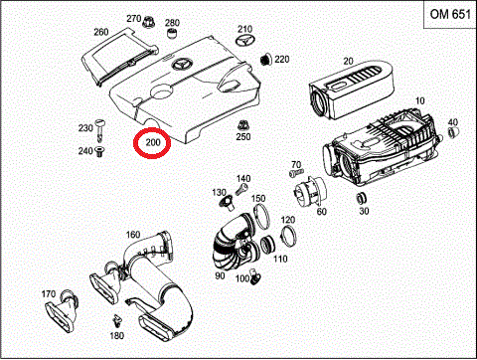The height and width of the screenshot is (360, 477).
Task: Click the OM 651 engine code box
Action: pos(450,15)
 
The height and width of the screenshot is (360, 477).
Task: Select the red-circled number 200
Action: pos(152,143)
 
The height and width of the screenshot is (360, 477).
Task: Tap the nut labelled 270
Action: pos(147,22)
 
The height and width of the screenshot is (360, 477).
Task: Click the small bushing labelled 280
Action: pos(172,33)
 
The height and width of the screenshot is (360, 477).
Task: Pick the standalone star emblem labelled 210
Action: pos(245,41)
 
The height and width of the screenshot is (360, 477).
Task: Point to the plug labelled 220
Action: pos(265,60)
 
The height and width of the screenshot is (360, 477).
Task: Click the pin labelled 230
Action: pos(99,129)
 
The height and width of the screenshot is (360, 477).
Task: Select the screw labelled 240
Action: pos(99,152)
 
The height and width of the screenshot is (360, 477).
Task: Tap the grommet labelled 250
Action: pos(242,125)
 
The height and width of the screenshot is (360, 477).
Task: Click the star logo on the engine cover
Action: pos(182,65)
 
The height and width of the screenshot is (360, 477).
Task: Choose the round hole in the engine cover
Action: pos(161,91)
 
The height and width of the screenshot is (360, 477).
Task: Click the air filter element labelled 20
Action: pos(352,89)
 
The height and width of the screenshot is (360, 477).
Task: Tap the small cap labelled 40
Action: pos(452,132)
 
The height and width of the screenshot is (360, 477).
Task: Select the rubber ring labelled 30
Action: pos(362,198)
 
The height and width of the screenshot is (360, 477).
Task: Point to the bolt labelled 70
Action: pos(296,173)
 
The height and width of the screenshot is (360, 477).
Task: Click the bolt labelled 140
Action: pos(241,190)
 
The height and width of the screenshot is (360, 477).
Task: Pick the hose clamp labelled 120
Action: pos(288,235)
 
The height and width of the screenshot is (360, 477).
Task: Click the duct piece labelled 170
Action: pos(62,311)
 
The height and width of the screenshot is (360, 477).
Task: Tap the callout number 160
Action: pos(133,235)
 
